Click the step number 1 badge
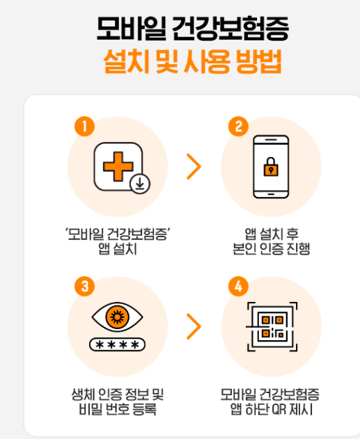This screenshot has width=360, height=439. click(x=84, y=127)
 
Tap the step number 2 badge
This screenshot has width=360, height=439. click(x=238, y=127)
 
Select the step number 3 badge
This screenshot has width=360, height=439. click(x=84, y=286)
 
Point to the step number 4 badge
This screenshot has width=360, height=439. click(x=238, y=286)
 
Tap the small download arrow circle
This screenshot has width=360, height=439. click(x=139, y=184)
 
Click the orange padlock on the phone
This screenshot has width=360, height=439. click(x=269, y=167)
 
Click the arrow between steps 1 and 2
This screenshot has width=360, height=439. click(x=194, y=167)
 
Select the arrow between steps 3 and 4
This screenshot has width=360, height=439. click(x=194, y=326)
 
